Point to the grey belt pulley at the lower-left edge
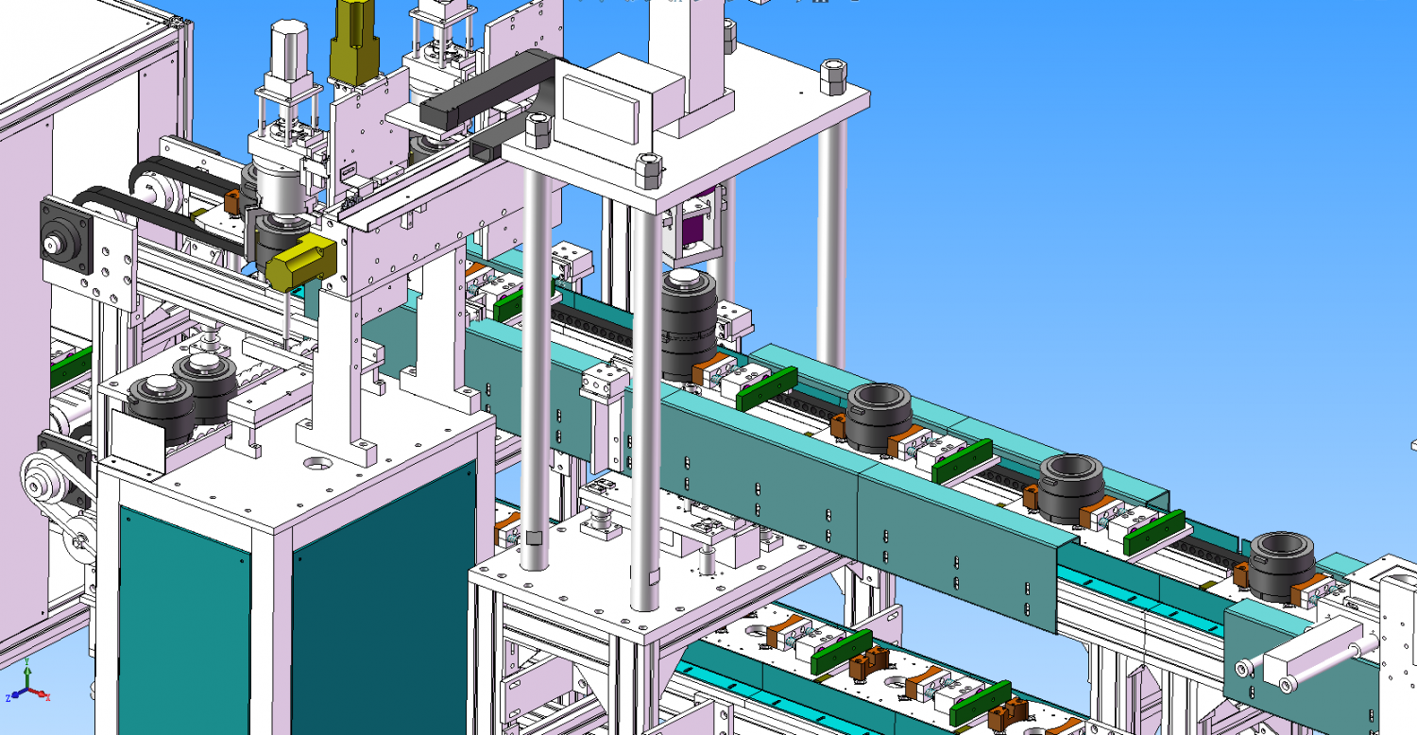click(x=43, y=483)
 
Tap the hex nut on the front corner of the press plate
click(x=648, y=171)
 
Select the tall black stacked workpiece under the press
click(x=687, y=321)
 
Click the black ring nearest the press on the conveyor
click(x=878, y=417)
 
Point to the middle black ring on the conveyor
click(x=1071, y=487)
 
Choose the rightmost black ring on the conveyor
click(x=1284, y=565)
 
